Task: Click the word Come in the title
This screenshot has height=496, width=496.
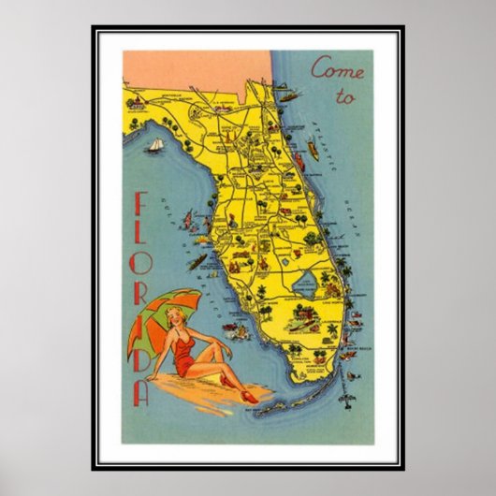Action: coord(334,69)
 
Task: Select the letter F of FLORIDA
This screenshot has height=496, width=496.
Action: coord(141,207)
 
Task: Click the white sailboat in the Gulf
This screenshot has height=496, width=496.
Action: coord(153,146)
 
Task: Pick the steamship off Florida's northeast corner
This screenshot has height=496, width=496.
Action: coord(287,95)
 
